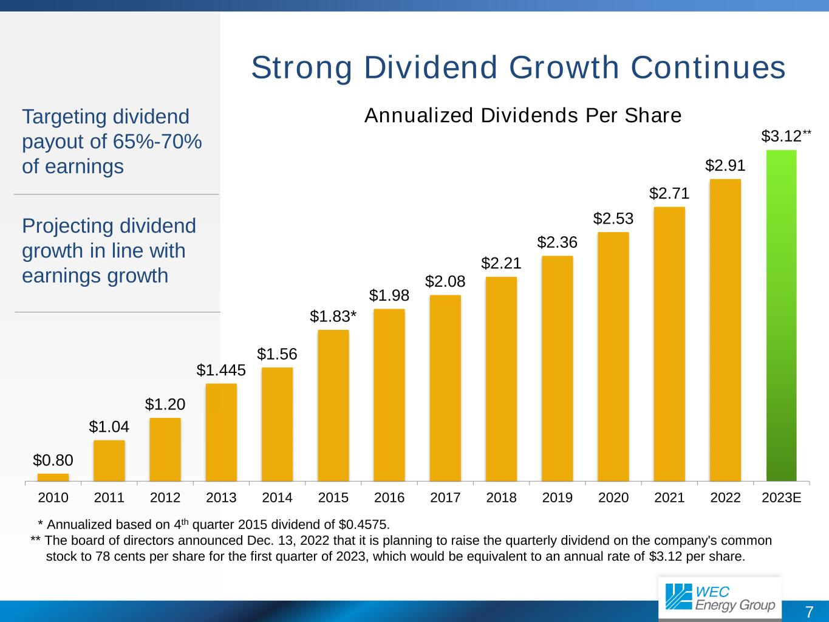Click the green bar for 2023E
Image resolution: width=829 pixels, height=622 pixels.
click(781, 315)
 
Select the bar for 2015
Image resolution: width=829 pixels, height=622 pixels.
click(333, 405)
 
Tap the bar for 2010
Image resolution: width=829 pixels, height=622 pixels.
click(53, 477)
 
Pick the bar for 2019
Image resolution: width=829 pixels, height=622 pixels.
click(557, 368)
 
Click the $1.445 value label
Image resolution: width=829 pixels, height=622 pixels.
click(221, 370)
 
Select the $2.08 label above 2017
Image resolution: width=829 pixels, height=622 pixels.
click(445, 281)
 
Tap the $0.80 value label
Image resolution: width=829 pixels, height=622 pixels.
click(53, 460)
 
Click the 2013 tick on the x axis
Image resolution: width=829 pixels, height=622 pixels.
click(221, 497)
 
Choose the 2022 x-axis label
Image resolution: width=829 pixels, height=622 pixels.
click(725, 497)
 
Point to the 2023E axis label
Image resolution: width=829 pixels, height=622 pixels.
click(781, 497)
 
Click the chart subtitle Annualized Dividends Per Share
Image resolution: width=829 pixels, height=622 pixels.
click(523, 115)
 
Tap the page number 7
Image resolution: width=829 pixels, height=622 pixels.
click(809, 612)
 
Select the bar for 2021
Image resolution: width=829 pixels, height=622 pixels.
click(669, 344)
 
